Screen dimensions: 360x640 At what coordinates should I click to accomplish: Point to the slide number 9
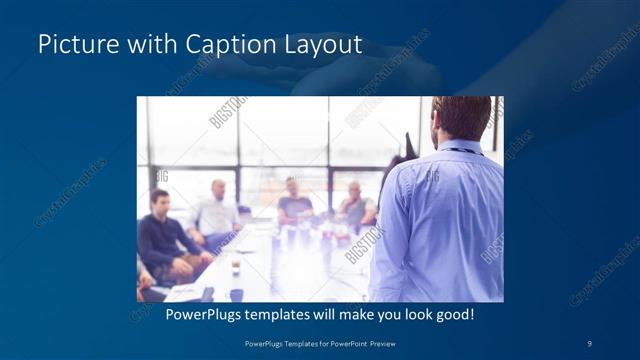click(589, 343)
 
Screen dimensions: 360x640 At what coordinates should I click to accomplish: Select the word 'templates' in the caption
click(286, 314)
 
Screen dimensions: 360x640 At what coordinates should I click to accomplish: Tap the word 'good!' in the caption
click(451, 314)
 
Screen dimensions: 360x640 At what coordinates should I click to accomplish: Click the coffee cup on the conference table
click(236, 269)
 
